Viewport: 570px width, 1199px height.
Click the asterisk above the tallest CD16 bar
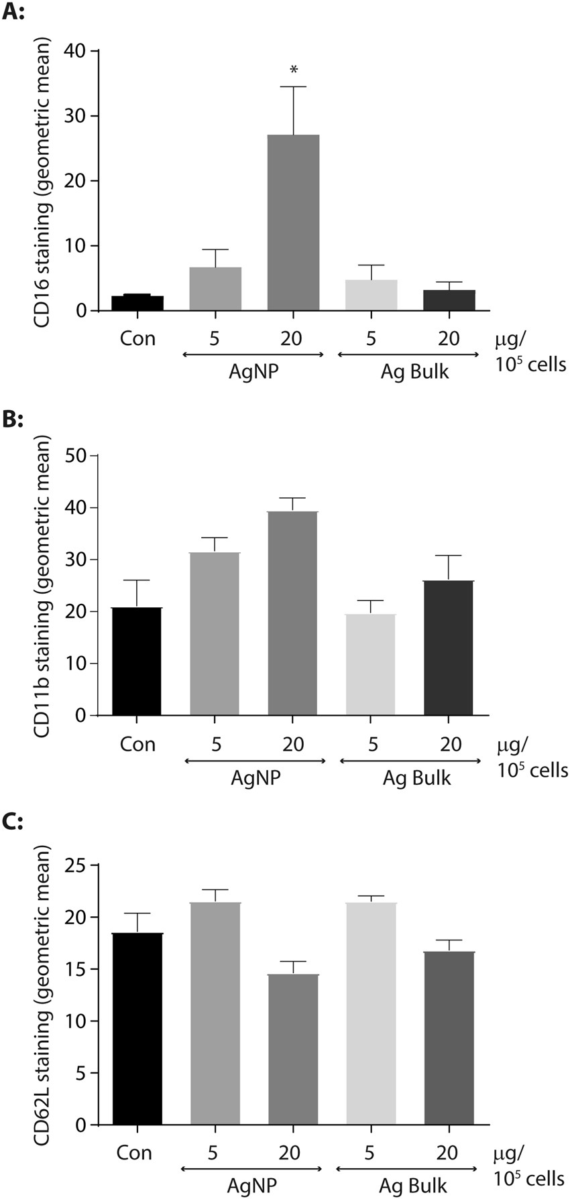(293, 70)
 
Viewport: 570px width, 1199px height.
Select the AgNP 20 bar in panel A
(293, 223)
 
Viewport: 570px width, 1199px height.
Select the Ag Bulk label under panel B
(416, 778)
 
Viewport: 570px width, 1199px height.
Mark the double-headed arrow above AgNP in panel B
(254, 761)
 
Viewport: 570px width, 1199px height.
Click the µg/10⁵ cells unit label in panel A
(529, 352)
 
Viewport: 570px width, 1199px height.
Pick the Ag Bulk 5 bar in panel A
(371, 295)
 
